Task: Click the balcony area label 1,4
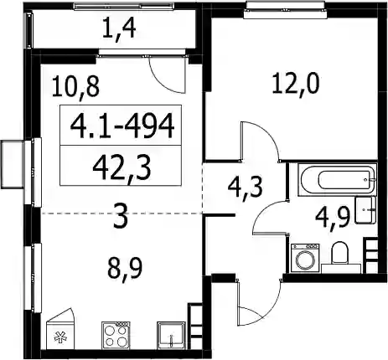(119, 29)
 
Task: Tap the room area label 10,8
(75, 87)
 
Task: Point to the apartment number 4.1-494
(122, 126)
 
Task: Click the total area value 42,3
(122, 169)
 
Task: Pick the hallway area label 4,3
(246, 188)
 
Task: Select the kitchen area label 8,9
(125, 268)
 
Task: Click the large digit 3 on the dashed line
(121, 215)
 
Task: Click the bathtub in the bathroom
(338, 180)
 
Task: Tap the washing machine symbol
(305, 258)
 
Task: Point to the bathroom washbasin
(365, 209)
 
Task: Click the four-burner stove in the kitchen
(116, 335)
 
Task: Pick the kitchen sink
(171, 335)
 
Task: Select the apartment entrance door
(259, 302)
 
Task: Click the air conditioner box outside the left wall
(13, 165)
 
